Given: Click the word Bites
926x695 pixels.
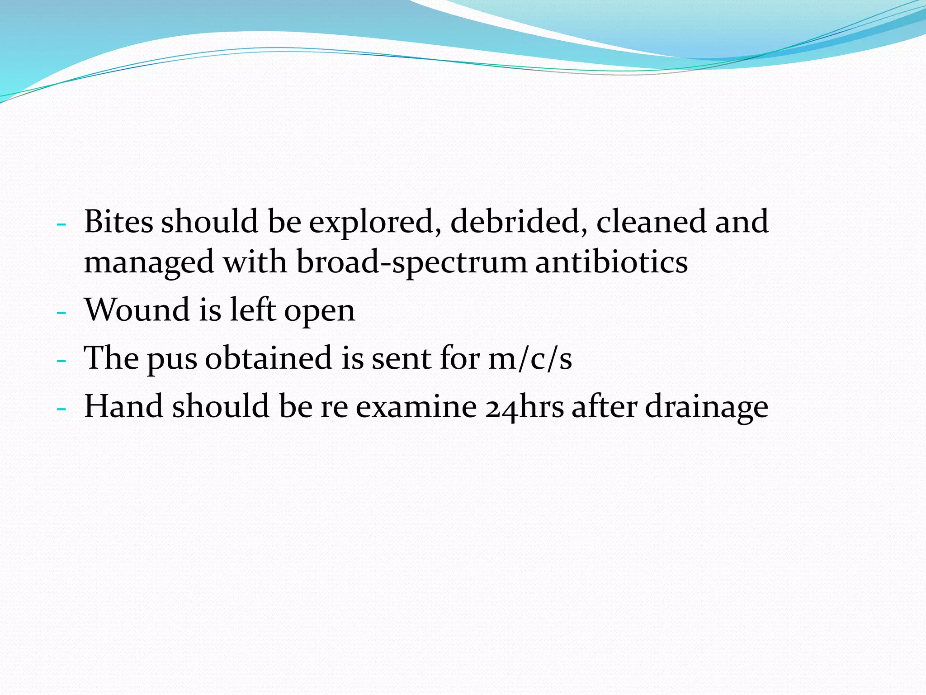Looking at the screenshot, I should pos(118,222).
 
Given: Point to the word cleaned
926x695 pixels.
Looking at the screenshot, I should pos(651,222).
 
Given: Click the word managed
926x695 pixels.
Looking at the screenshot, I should pos(149,263).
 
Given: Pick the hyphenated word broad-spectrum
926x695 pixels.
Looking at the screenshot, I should pos(411,263).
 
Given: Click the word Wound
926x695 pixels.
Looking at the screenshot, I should pos(137,310).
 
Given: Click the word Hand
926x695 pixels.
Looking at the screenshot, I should pos(124,406).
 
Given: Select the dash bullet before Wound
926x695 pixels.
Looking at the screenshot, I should pos(61,312).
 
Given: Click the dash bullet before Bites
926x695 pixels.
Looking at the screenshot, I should pos(61,224).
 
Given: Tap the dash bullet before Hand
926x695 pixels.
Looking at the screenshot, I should pos(61,408).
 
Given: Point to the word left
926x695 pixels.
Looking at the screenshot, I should pos(253,310).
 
